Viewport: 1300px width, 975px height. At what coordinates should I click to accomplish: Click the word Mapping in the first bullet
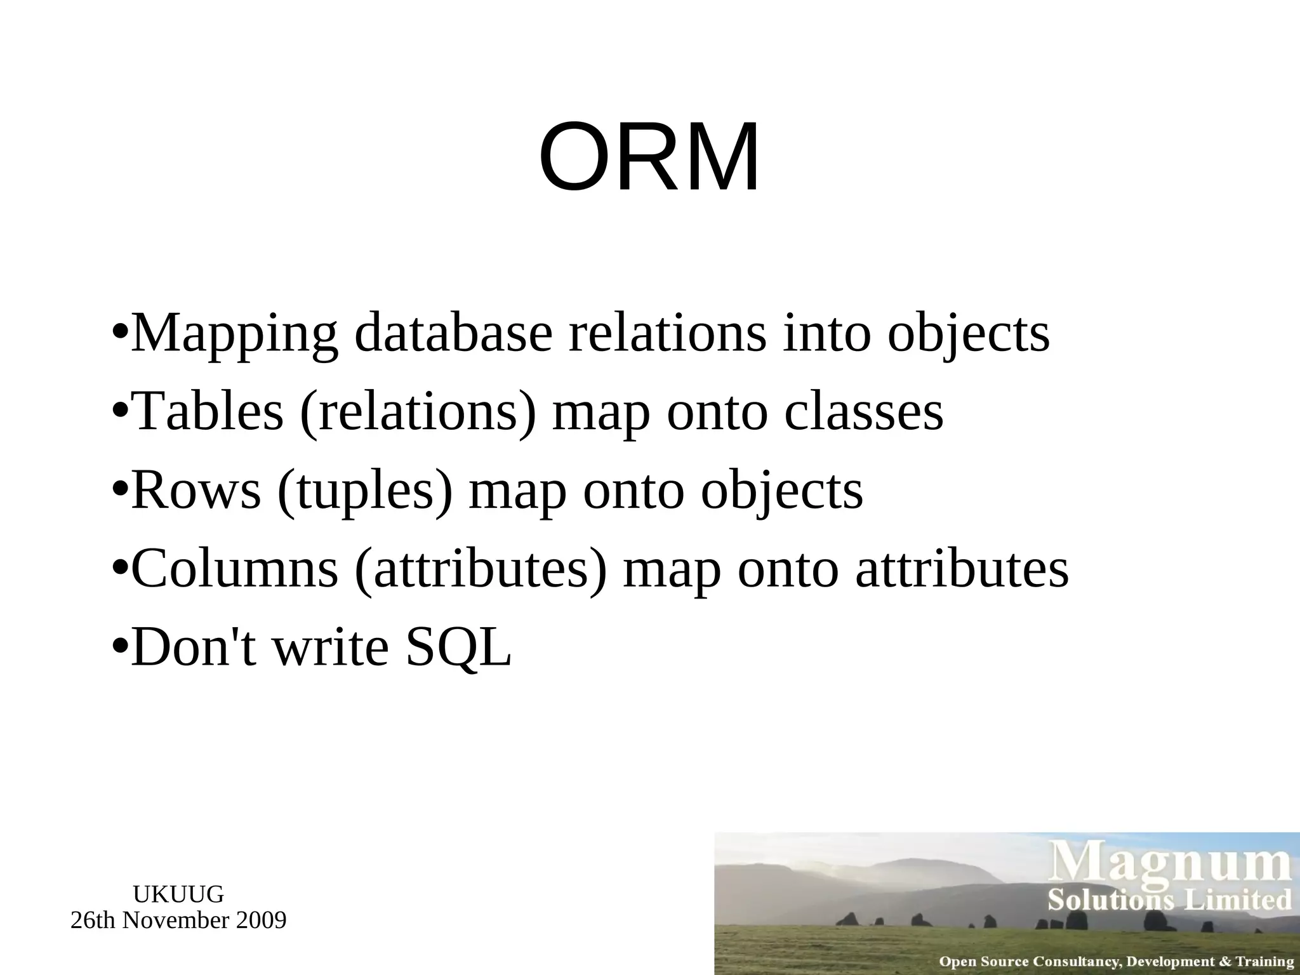(x=234, y=335)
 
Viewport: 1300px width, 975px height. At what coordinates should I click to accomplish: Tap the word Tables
(x=209, y=411)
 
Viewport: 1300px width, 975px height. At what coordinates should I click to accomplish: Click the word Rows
(x=196, y=490)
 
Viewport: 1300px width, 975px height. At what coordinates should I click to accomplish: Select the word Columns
(x=234, y=569)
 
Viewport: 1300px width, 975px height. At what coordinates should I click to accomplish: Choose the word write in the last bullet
(x=330, y=647)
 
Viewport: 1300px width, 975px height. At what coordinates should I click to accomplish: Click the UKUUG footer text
(x=178, y=894)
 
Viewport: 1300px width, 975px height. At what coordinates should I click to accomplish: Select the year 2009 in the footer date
(x=261, y=920)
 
